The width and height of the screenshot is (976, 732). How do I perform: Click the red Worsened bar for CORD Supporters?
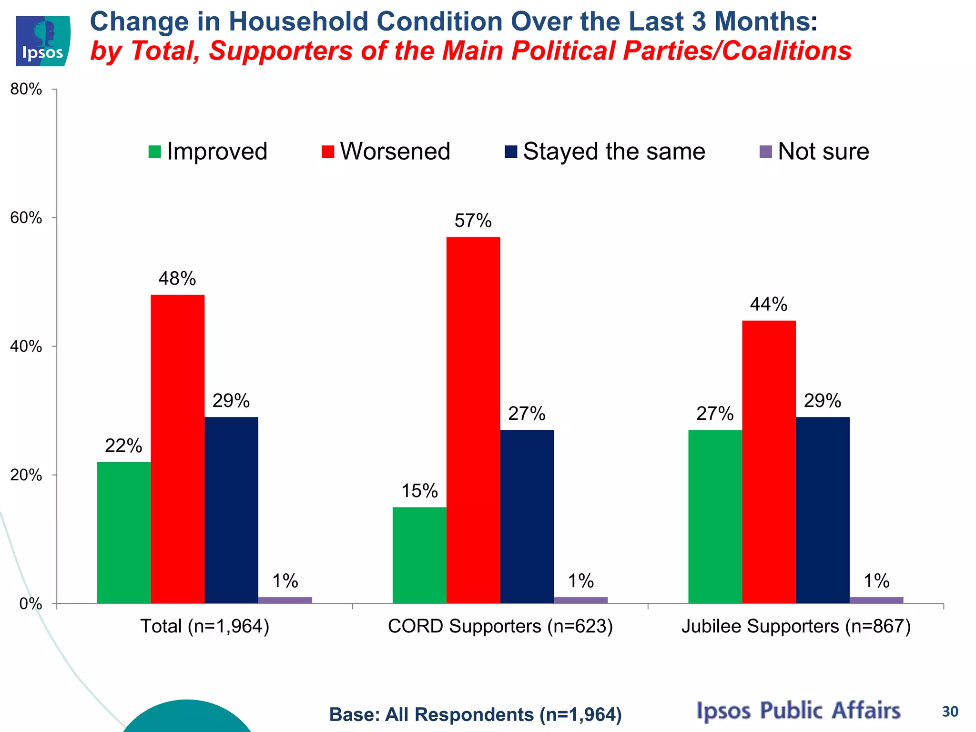point(473,419)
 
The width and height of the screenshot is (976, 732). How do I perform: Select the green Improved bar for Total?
point(124,532)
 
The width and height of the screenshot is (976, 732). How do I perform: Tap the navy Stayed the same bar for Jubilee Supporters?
point(823,510)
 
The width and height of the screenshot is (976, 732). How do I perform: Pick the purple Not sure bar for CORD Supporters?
point(580,600)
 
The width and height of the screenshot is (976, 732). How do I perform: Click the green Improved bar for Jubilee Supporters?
point(715,517)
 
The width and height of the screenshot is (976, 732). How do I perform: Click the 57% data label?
point(473,221)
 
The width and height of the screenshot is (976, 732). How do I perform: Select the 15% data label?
point(419,491)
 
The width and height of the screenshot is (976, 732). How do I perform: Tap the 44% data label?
point(768,305)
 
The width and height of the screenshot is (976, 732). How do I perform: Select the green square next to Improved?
point(155,152)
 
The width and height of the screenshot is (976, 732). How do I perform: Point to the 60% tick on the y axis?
point(26,218)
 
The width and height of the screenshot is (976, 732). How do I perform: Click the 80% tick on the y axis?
point(26,90)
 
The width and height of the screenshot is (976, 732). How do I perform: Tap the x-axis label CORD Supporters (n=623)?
point(500,626)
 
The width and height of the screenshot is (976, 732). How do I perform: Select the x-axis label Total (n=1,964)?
point(205,626)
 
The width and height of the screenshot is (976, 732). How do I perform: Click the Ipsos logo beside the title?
point(43,41)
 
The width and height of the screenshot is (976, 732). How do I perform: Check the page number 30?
point(950,712)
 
